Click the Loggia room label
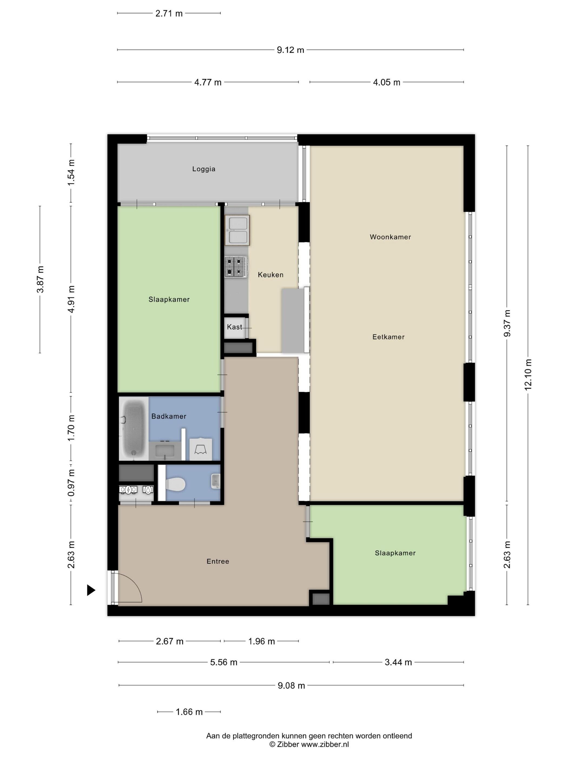click(204, 169)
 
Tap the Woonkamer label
click(390, 237)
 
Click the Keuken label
click(270, 274)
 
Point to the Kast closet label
click(235, 327)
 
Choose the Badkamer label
click(169, 416)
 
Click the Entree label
click(218, 561)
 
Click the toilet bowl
click(175, 484)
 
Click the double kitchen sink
click(237, 230)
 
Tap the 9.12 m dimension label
click(290, 50)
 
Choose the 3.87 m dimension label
click(40, 279)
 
